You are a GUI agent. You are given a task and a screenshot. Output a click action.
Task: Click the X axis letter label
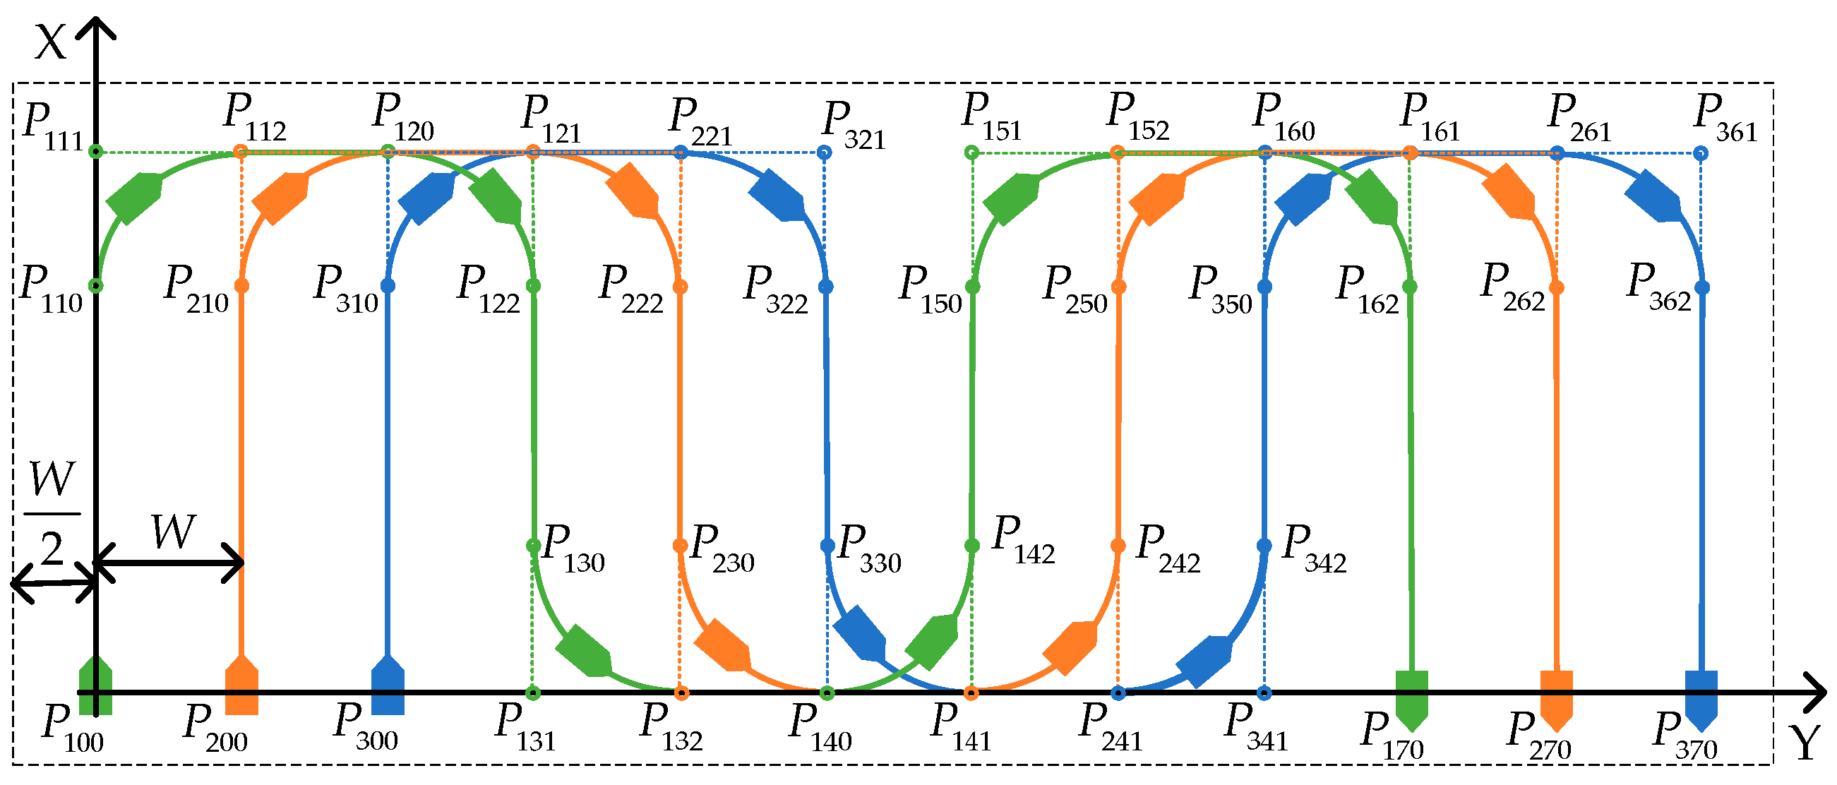[x=51, y=43]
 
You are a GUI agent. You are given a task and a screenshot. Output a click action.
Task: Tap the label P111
[x=54, y=127]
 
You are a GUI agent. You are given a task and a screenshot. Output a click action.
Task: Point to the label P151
[x=991, y=119]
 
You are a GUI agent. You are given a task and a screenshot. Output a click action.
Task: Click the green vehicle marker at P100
[x=95, y=685]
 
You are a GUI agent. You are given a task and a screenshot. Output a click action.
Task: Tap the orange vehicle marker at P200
[x=241, y=685]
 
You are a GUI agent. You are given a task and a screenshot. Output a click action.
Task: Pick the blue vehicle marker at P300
[x=388, y=685]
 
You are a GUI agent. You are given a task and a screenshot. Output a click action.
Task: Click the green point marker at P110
[x=96, y=286]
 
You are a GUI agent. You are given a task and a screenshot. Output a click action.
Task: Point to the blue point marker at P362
[x=1702, y=287]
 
